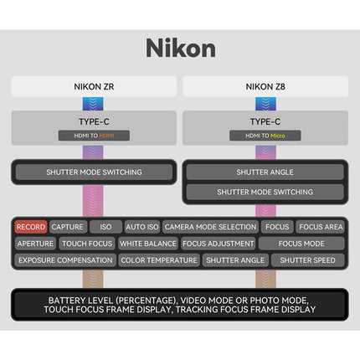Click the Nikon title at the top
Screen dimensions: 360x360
pyautogui.click(x=181, y=48)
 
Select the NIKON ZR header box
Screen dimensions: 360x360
pyautogui.click(x=94, y=86)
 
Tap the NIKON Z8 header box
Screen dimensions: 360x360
pyautogui.click(x=265, y=86)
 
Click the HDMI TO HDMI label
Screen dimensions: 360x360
pyautogui.click(x=94, y=136)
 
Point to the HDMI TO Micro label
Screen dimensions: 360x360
pyautogui.click(x=265, y=136)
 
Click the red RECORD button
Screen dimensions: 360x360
pyautogui.click(x=31, y=227)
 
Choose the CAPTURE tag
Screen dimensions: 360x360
pyautogui.click(x=68, y=227)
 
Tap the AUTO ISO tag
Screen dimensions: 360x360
pyautogui.click(x=142, y=227)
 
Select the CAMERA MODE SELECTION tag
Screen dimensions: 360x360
pyautogui.click(x=210, y=227)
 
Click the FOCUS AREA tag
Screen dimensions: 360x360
pyautogui.click(x=321, y=227)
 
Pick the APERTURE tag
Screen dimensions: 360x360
pyautogui.click(x=35, y=244)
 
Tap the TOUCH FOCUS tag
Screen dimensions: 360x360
pyautogui.click(x=87, y=244)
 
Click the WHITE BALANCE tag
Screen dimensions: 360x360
pyautogui.click(x=148, y=244)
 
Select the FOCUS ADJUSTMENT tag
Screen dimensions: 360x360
pyautogui.click(x=219, y=244)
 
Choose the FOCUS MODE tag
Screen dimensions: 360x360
pyautogui.click(x=301, y=244)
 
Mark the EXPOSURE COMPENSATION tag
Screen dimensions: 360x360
pyautogui.click(x=65, y=260)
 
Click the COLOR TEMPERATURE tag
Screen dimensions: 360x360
pyautogui.click(x=159, y=260)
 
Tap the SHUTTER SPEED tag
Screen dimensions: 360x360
pyautogui.click(x=307, y=260)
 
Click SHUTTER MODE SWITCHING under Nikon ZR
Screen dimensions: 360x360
pyautogui.click(x=94, y=172)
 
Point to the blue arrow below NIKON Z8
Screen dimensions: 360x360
pyautogui.click(x=265, y=104)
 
